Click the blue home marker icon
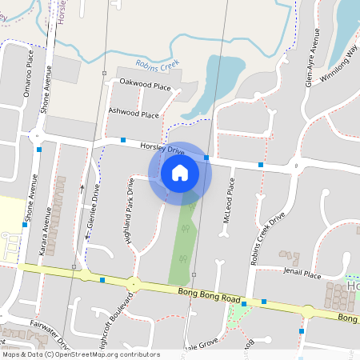tap(180, 172)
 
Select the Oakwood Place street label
tap(145, 85)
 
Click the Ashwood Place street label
tap(134, 114)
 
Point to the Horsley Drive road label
tap(162, 148)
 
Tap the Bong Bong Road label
tap(210, 295)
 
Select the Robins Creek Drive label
tap(268, 239)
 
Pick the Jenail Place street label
tap(302, 275)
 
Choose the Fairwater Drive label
tap(46, 328)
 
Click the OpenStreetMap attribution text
tap(80, 354)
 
